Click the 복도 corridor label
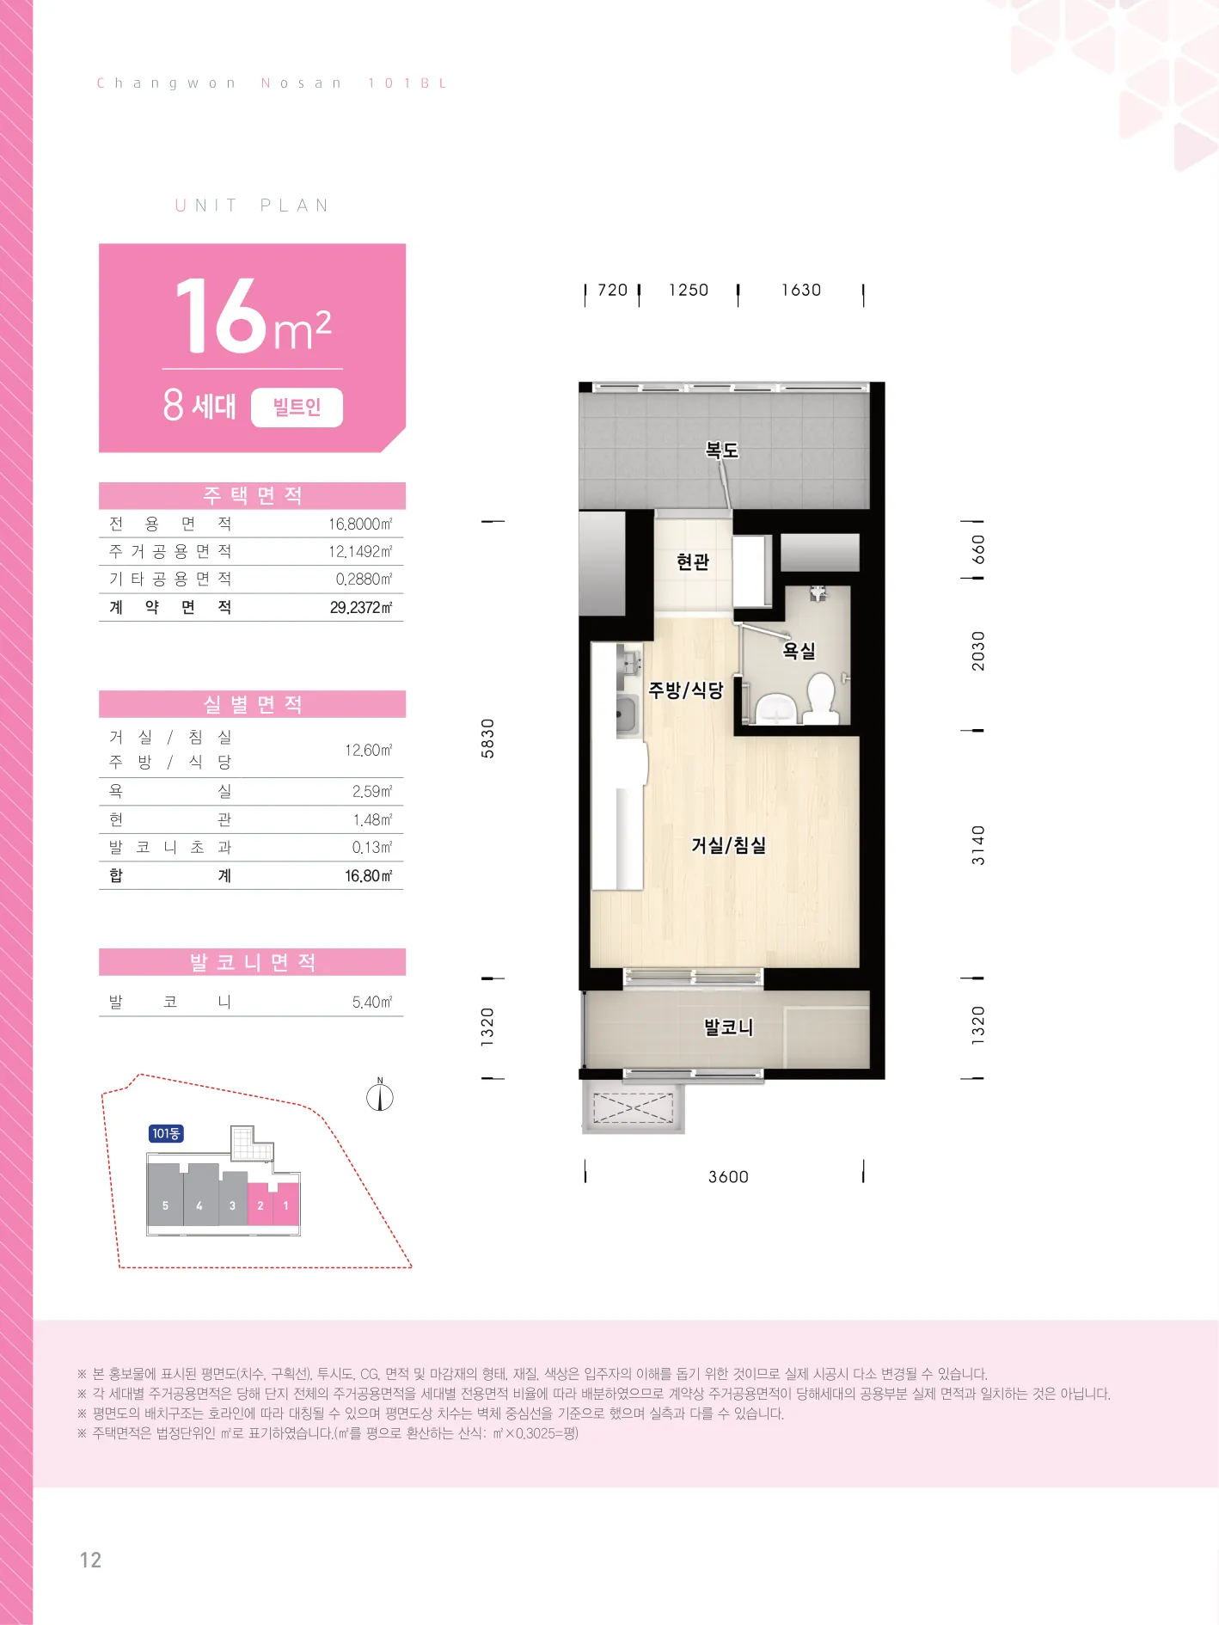pyautogui.click(x=722, y=450)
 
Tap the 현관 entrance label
pyautogui.click(x=693, y=561)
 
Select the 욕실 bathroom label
pyautogui.click(x=799, y=651)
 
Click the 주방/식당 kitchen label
pyautogui.click(x=686, y=690)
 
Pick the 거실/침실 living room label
pyautogui.click(x=728, y=845)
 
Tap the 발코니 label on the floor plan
pyautogui.click(x=728, y=1027)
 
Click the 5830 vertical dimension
pyautogui.click(x=488, y=739)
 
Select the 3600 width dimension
pyautogui.click(x=728, y=1177)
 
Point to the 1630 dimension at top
pyautogui.click(x=801, y=291)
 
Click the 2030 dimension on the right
pyautogui.click(x=978, y=651)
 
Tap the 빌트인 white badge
pyautogui.click(x=297, y=408)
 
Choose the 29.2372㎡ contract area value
pyautogui.click(x=361, y=608)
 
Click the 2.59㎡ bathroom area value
pyautogui.click(x=372, y=792)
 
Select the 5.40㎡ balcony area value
pyautogui.click(x=372, y=1003)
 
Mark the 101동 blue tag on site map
pyautogui.click(x=166, y=1134)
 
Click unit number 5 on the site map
pyautogui.click(x=165, y=1206)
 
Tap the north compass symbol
pyautogui.click(x=380, y=1096)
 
